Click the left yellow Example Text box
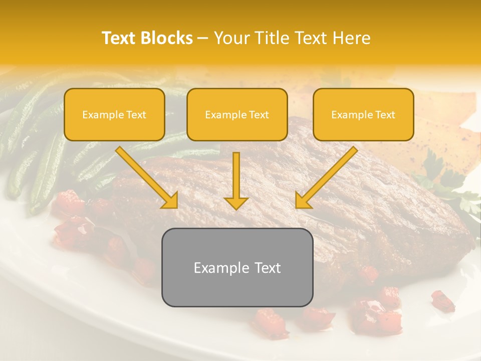tap(114, 115)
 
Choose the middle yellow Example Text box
tap(237, 115)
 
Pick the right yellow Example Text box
tap(363, 115)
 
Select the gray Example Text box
tap(237, 267)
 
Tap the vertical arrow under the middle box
tap(236, 178)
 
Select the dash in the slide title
tap(203, 39)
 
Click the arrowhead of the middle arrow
tap(236, 203)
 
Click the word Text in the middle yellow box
tap(258, 115)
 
